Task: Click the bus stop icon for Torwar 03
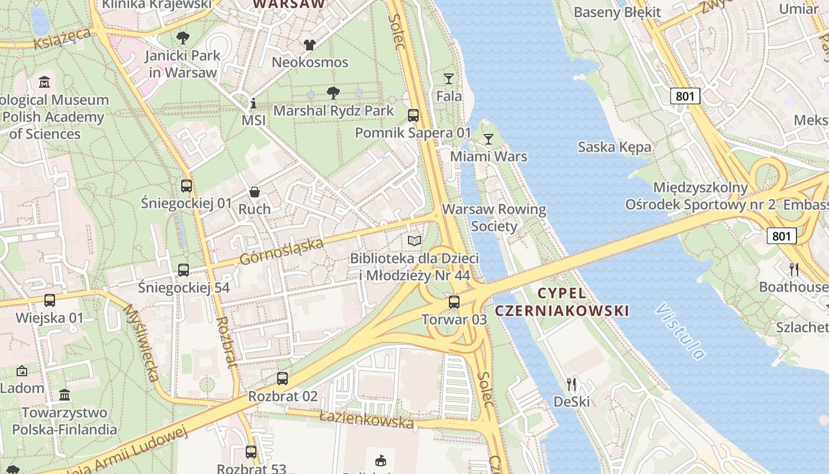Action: (454, 302)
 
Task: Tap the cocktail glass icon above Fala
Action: (449, 78)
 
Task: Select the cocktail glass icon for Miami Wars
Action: (489, 139)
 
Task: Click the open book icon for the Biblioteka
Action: (415, 241)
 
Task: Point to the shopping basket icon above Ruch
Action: (255, 192)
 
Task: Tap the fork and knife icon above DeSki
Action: (571, 385)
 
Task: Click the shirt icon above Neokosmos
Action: (310, 44)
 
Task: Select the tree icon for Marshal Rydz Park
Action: (333, 92)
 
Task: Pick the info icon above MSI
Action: (253, 104)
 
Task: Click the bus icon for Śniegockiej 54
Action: (184, 270)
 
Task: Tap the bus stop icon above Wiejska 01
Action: (50, 300)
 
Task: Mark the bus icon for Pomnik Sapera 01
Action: (413, 116)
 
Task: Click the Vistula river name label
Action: (681, 332)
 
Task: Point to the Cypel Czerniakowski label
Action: (561, 302)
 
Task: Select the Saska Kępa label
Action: (614, 147)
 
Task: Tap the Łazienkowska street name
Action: (366, 419)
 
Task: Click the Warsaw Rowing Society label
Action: (494, 217)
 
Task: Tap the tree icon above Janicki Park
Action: (183, 38)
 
